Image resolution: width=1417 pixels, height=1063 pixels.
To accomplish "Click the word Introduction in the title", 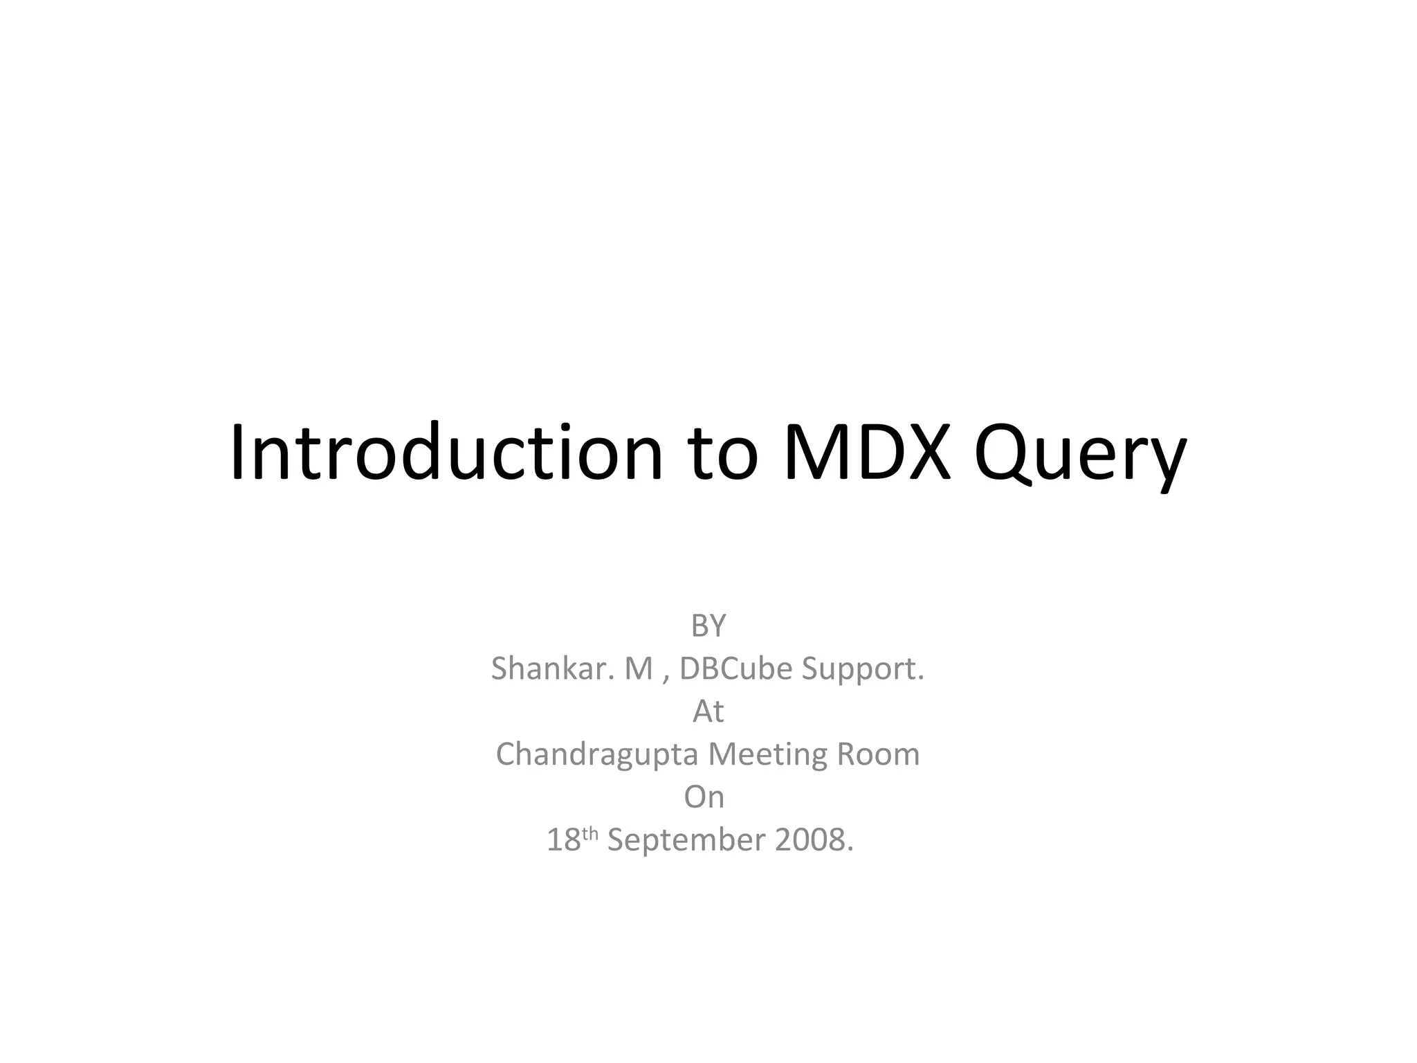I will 446,453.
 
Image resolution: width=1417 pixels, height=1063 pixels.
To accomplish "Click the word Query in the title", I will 1080,457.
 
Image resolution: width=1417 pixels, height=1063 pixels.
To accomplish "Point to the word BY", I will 708,626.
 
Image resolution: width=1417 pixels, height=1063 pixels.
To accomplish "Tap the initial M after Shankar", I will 639,669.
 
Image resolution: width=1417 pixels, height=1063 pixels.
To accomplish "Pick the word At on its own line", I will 708,711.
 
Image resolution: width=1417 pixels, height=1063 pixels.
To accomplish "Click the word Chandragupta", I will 596,755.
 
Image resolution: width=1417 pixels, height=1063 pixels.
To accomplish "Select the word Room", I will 878,754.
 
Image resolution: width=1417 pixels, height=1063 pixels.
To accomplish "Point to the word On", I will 704,797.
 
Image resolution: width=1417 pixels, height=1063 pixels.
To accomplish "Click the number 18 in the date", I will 563,840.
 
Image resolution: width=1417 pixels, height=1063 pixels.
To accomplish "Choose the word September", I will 686,841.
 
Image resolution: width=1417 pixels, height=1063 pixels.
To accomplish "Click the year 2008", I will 810,840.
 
